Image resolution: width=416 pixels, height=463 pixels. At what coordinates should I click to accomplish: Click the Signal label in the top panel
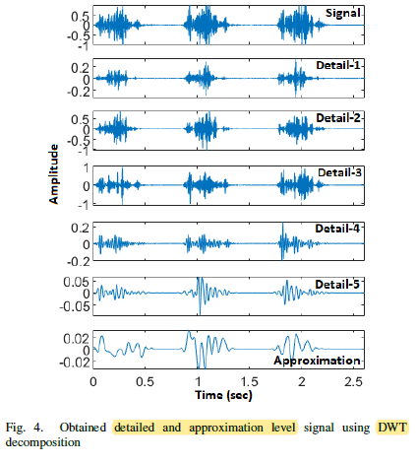[344, 13]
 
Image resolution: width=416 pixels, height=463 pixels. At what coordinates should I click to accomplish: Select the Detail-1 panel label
[338, 65]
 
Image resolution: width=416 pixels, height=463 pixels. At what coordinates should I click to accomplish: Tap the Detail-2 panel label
[338, 118]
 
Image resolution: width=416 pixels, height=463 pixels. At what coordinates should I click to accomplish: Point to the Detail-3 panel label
[338, 172]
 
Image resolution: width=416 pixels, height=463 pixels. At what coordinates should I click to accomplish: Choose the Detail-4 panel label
[338, 228]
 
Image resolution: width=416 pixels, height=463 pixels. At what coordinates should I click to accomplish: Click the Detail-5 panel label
[338, 285]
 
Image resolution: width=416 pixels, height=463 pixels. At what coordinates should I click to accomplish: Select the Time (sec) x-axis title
[228, 394]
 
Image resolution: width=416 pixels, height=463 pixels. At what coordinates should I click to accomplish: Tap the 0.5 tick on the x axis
[146, 381]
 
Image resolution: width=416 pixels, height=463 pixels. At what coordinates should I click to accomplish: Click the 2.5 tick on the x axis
[358, 381]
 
